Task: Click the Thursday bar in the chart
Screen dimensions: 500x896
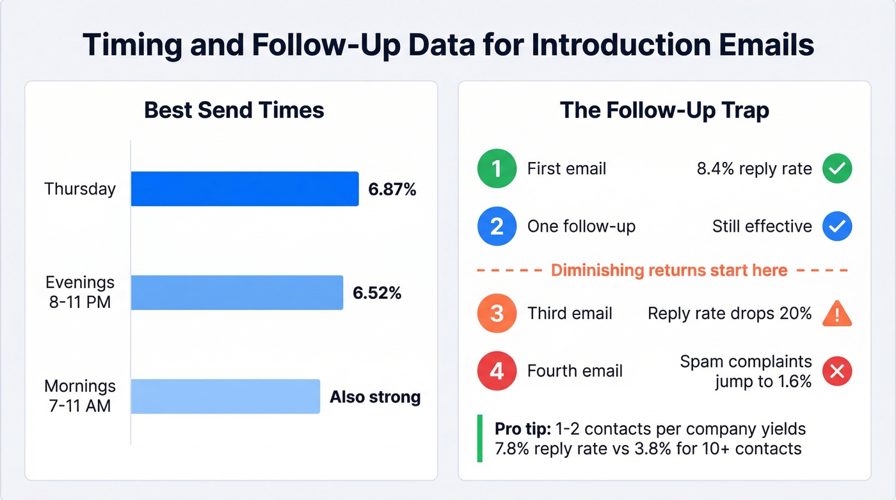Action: tap(244, 189)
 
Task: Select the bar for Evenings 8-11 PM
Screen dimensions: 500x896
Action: tap(237, 293)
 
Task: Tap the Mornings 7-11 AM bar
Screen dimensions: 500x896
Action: tap(225, 396)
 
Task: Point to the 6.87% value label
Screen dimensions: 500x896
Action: tap(392, 190)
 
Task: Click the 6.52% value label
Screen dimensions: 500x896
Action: tap(377, 293)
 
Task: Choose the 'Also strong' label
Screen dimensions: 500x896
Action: tap(375, 397)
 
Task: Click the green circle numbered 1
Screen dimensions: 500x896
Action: tap(497, 168)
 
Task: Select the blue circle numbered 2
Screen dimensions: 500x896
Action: tap(497, 226)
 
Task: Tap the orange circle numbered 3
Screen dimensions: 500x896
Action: tap(497, 313)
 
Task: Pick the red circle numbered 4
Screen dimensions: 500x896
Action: tap(497, 370)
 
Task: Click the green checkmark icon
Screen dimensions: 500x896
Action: tap(837, 168)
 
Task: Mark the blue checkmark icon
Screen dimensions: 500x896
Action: tap(837, 226)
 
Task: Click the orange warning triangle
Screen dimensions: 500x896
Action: tap(837, 313)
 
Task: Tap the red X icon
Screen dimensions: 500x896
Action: tap(837, 370)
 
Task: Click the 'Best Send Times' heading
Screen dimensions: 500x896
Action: tap(234, 110)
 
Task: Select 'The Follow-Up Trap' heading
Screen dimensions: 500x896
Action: tap(664, 110)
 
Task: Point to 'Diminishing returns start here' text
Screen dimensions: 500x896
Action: tap(669, 270)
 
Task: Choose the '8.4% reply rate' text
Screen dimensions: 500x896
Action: tap(754, 169)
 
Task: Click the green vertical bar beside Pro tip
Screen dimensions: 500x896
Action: tap(480, 438)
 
